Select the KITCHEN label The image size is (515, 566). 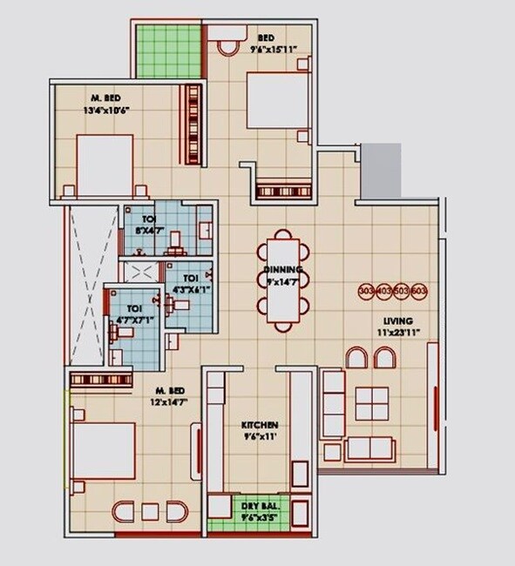(260, 425)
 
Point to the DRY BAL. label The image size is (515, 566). (259, 504)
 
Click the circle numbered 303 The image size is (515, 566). (367, 291)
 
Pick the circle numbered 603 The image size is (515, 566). (419, 291)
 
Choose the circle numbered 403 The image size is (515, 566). (384, 291)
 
